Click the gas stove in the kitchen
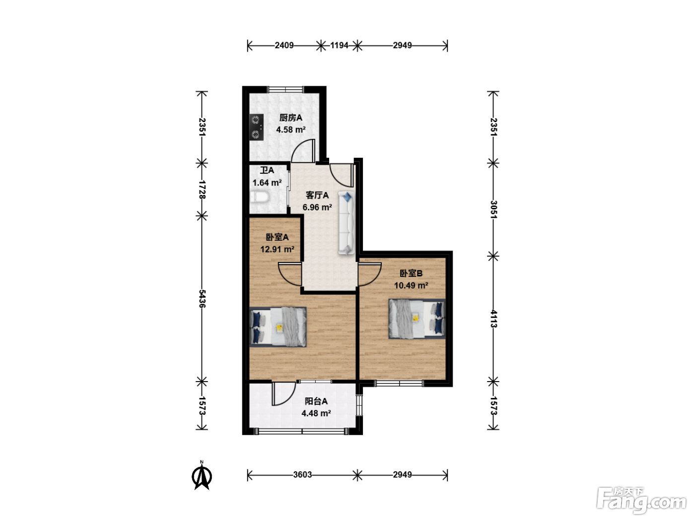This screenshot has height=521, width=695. coord(257,127)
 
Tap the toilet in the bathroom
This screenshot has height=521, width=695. coord(260,197)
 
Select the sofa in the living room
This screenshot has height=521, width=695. coord(347,223)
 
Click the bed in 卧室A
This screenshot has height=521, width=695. coord(278,327)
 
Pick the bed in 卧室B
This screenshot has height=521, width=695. coord(417,319)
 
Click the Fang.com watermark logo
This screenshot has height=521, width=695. coord(641,501)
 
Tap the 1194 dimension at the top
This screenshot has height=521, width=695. coord(339,46)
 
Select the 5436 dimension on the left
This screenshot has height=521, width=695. coord(202,299)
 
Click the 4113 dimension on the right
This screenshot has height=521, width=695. coord(493,319)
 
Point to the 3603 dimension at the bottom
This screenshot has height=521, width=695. coord(302,475)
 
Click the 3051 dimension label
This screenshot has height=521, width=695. coord(493,209)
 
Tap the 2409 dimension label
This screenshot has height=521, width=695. coord(284,46)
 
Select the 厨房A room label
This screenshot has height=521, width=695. coord(291,118)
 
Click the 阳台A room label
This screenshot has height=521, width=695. coord(316,401)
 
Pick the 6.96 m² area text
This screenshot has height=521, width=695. coord(317,207)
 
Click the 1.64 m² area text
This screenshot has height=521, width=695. coord(267,183)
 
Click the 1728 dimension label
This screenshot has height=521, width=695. coord(202,190)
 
